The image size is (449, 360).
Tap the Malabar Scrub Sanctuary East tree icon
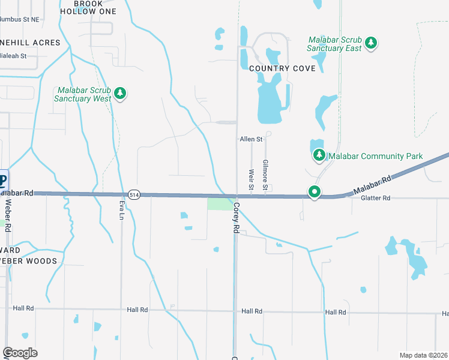pyautogui.click(x=372, y=43)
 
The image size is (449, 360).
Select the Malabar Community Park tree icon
pyautogui.click(x=319, y=156)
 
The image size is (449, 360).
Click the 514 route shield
pyautogui.click(x=134, y=194)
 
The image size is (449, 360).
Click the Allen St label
pyautogui.click(x=252, y=139)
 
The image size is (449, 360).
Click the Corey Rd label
pyautogui.click(x=237, y=218)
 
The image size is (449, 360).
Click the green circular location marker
pyautogui.click(x=314, y=192)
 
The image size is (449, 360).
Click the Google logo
pyautogui.click(x=20, y=353)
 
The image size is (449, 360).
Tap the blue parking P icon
pyautogui.click(x=3, y=180)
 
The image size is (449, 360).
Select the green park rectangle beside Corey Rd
pyautogui.click(x=220, y=204)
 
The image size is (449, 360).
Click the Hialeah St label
pyautogui.click(x=13, y=56)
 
